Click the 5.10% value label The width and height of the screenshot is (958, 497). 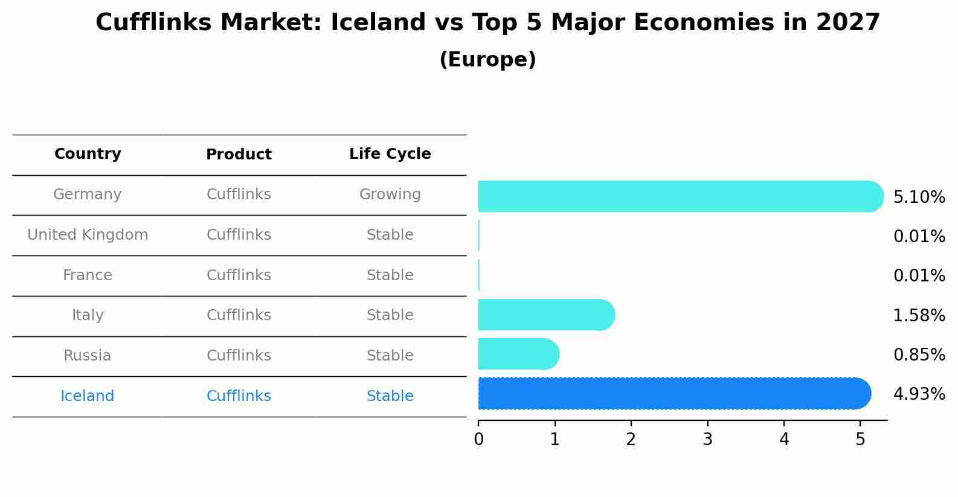pos(919,197)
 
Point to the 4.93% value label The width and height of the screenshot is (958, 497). pos(919,394)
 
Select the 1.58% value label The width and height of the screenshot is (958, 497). pos(919,315)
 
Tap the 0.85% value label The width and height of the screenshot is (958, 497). pos(919,355)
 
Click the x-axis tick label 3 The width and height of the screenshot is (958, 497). pos(707,440)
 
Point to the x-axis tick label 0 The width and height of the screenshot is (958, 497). pos(478,440)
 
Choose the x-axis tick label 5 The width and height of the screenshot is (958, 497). pos(860,440)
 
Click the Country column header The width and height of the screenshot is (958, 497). pos(88,154)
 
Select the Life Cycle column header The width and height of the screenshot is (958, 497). pos(390,154)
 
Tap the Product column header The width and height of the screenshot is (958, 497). pos(239,155)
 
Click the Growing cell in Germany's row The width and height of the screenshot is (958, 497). pos(390,194)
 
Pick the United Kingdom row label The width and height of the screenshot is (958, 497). pos(88,235)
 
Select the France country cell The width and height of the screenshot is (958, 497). pos(88,275)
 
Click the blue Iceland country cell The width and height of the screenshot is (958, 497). pos(88,396)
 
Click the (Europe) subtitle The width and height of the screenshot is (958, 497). pos(487,60)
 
